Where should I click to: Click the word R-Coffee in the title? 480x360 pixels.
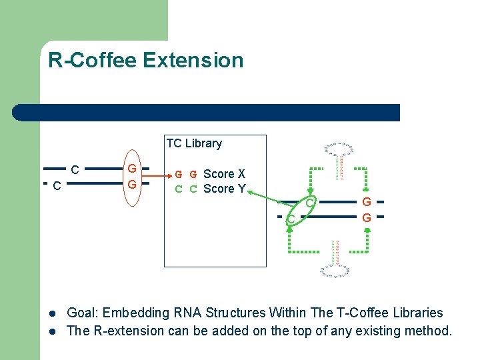click(93, 61)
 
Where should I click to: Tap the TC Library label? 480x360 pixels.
click(194, 143)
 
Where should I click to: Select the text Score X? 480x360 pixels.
click(224, 174)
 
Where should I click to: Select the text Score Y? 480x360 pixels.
click(224, 189)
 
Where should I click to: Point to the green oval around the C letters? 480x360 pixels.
click(299, 210)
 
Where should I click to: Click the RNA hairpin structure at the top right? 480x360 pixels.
click(339, 161)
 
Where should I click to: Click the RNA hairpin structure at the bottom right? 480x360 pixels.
click(335, 259)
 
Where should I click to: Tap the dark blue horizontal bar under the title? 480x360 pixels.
click(207, 113)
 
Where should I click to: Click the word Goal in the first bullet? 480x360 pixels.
click(82, 313)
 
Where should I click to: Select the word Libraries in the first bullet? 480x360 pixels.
click(416, 313)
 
